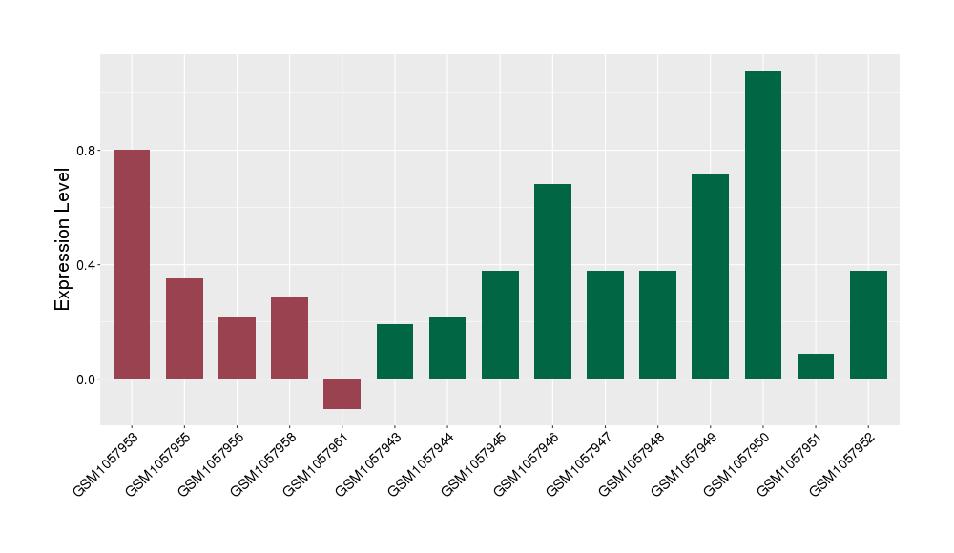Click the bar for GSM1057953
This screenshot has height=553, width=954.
click(132, 264)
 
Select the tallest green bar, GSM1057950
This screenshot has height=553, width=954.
click(763, 225)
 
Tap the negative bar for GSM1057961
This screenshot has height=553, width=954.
click(342, 394)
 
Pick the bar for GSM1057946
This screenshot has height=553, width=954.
click(552, 281)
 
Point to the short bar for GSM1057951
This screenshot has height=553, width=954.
click(816, 367)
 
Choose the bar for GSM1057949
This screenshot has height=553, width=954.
click(710, 276)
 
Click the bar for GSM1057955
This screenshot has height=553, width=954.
click(184, 329)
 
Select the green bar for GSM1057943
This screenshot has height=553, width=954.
click(395, 352)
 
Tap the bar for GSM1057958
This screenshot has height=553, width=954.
click(289, 338)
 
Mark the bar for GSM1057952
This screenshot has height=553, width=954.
click(868, 325)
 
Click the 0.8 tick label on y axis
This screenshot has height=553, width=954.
click(86, 151)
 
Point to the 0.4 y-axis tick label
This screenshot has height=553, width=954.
click(86, 265)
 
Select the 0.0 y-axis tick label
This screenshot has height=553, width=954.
click(86, 379)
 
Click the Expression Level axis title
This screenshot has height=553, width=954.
click(63, 238)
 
